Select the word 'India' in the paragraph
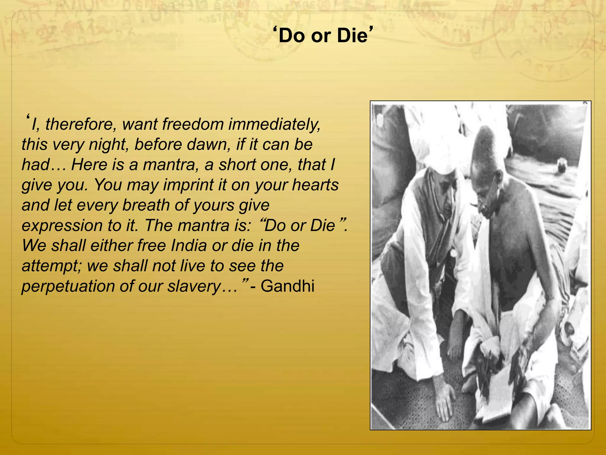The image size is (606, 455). tap(188, 246)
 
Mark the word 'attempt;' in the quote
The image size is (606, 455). tap(52, 266)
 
